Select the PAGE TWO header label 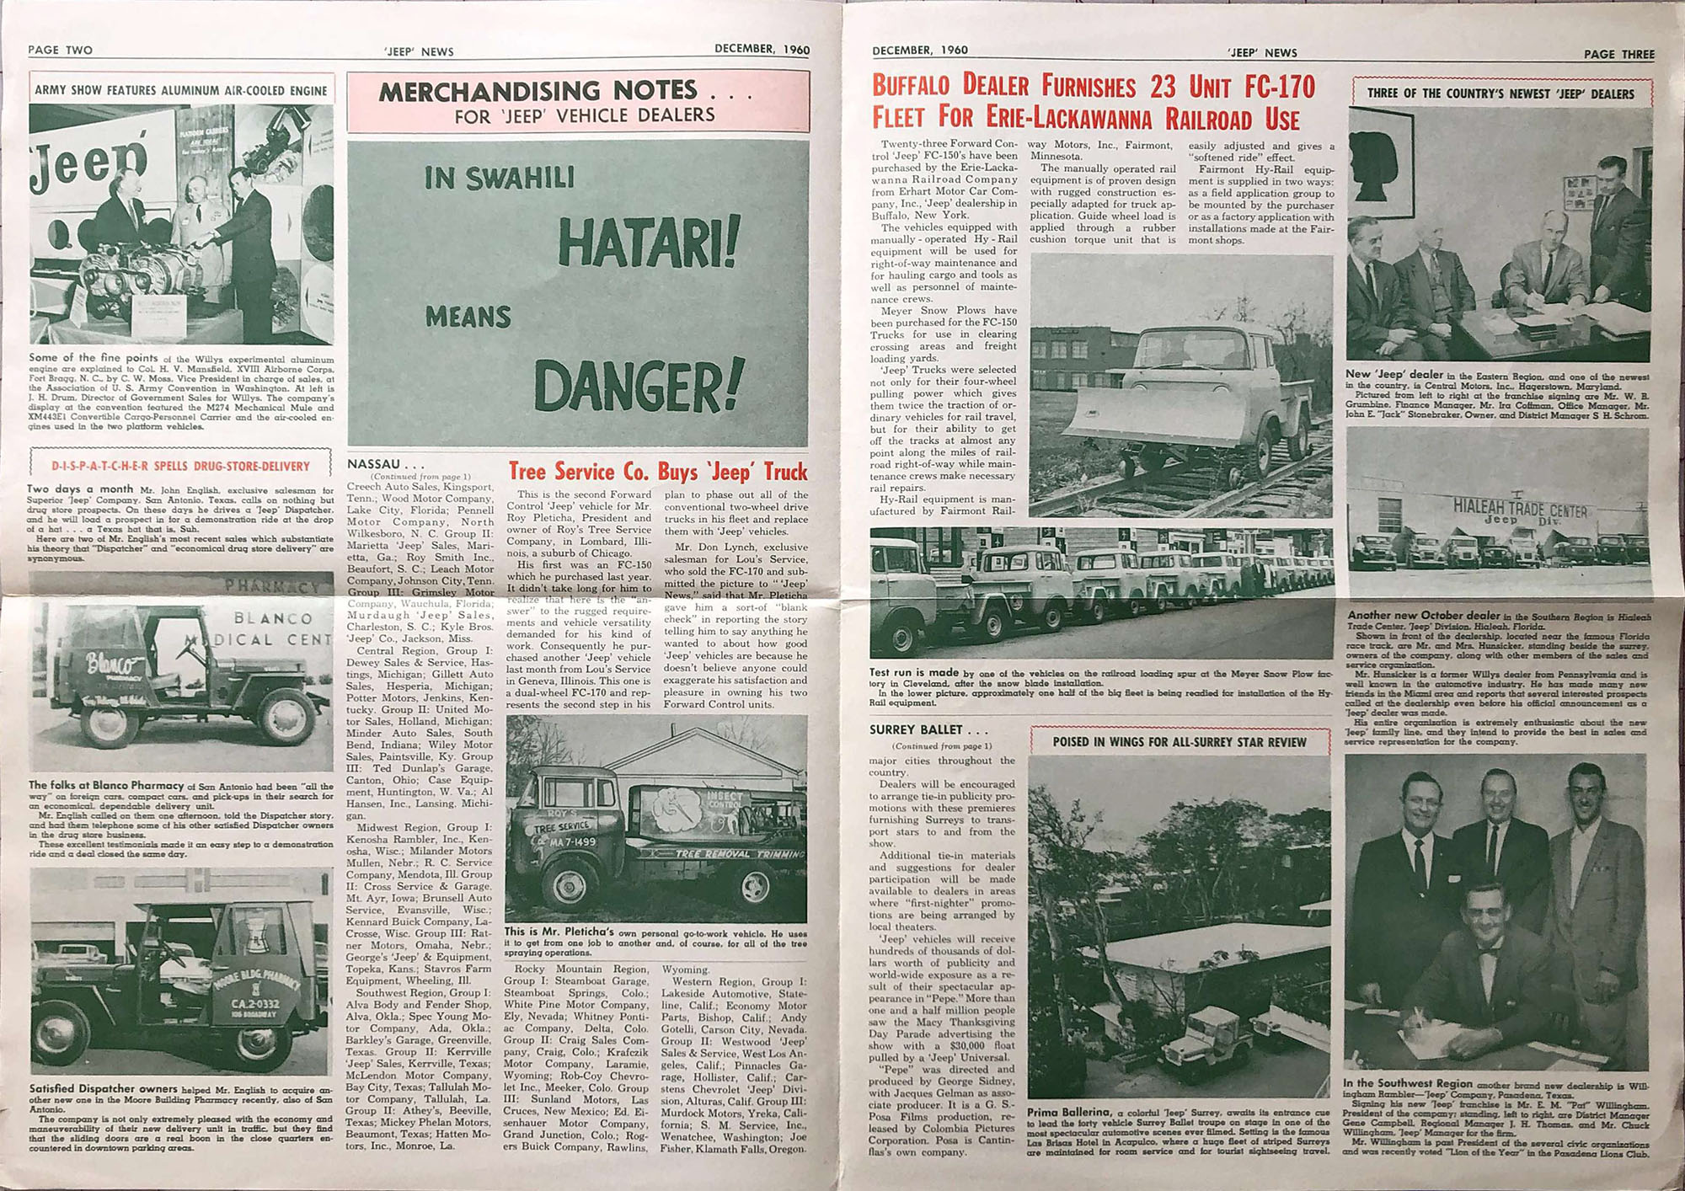(x=60, y=50)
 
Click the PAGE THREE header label (x=1618, y=54)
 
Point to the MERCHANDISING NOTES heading (x=538, y=91)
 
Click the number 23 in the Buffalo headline (x=1163, y=86)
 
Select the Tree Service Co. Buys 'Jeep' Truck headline (x=657, y=471)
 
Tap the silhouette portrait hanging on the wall (x=1379, y=157)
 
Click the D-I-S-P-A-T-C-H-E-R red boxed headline (x=180, y=466)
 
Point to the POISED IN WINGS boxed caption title (x=1179, y=742)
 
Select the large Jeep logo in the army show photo (x=88, y=163)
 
